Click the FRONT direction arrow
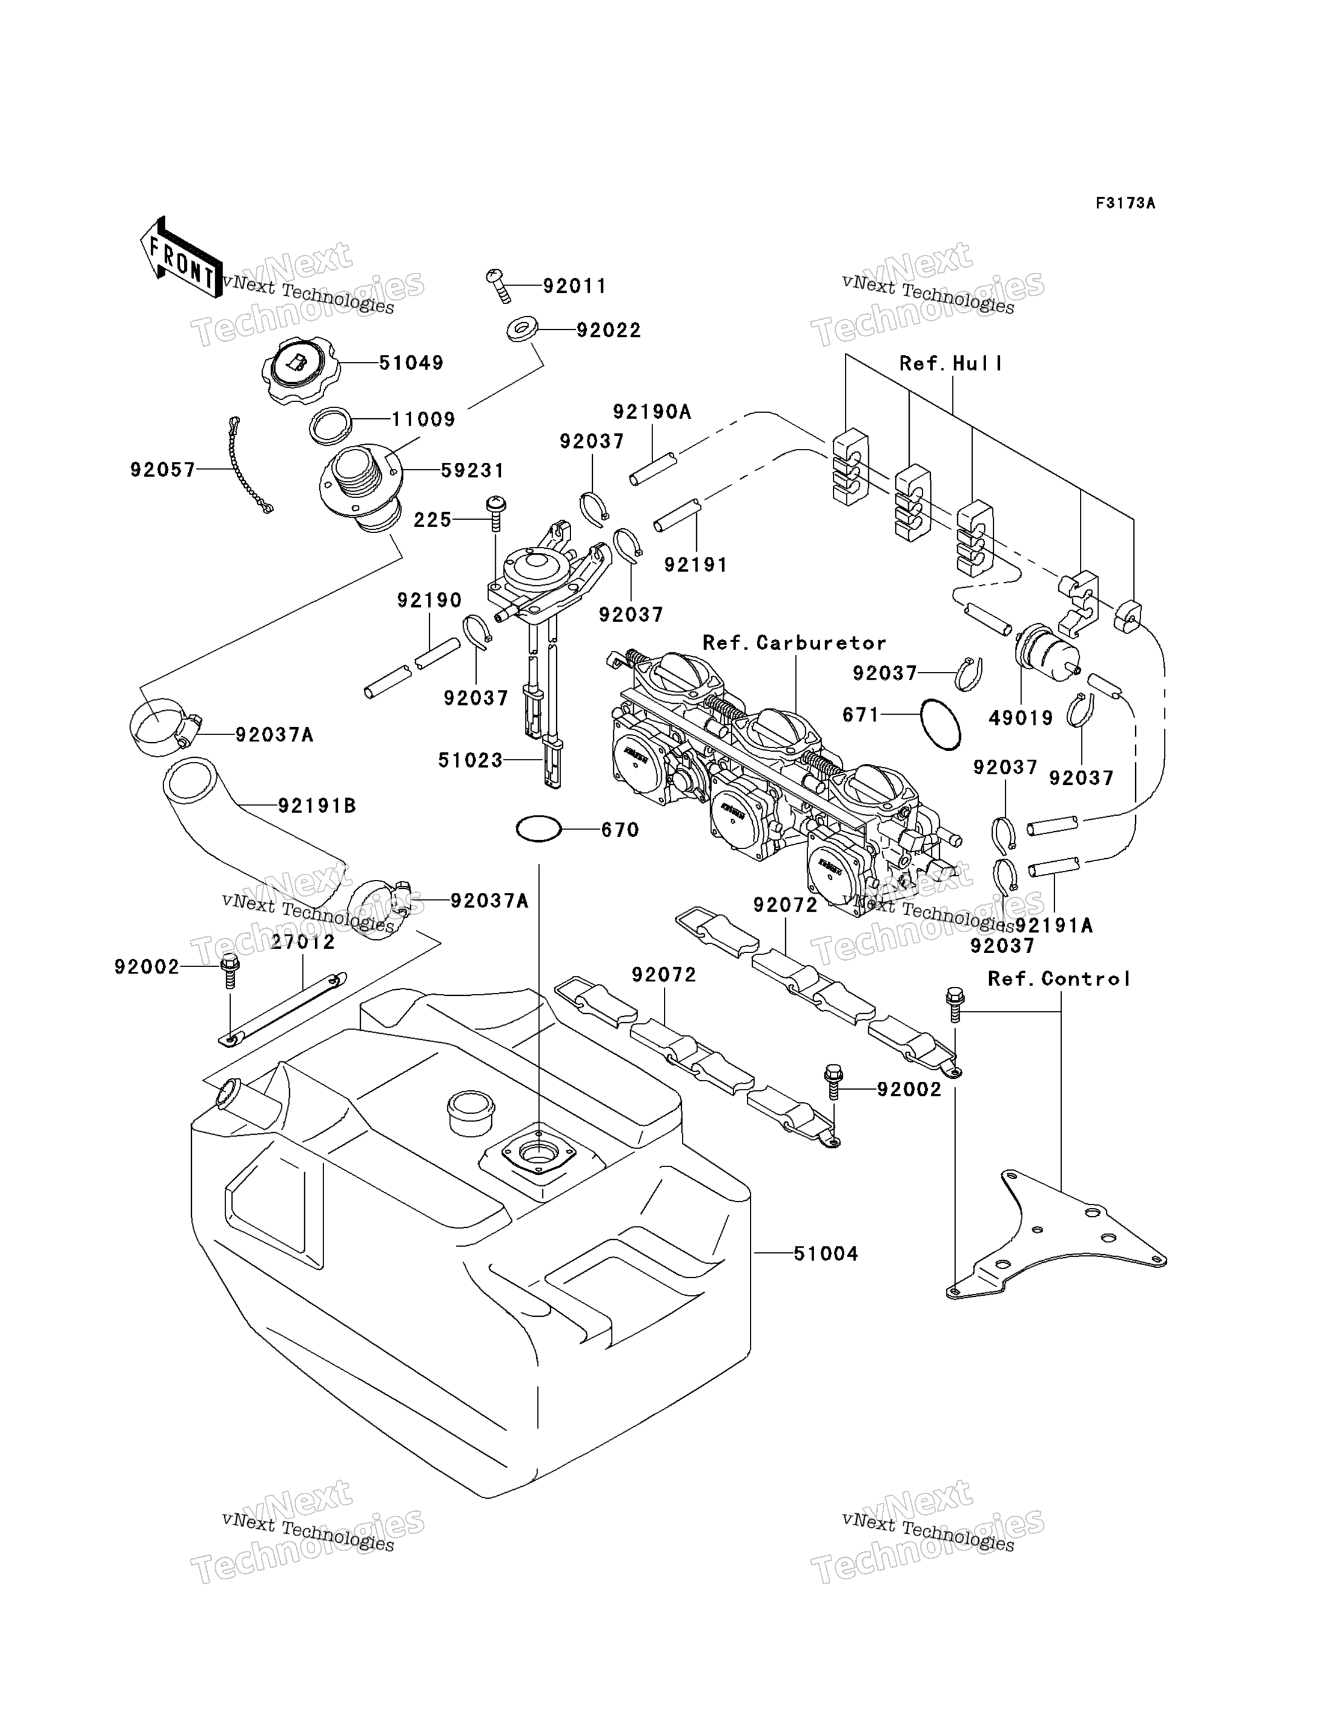click(x=180, y=257)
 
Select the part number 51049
click(x=411, y=362)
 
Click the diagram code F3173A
click(x=1125, y=203)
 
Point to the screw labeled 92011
click(x=498, y=285)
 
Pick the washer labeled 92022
click(x=522, y=329)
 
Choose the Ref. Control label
click(x=1059, y=979)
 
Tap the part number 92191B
click(x=317, y=805)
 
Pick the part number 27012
click(x=303, y=942)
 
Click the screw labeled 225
click(x=496, y=514)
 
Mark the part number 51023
click(x=470, y=760)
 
